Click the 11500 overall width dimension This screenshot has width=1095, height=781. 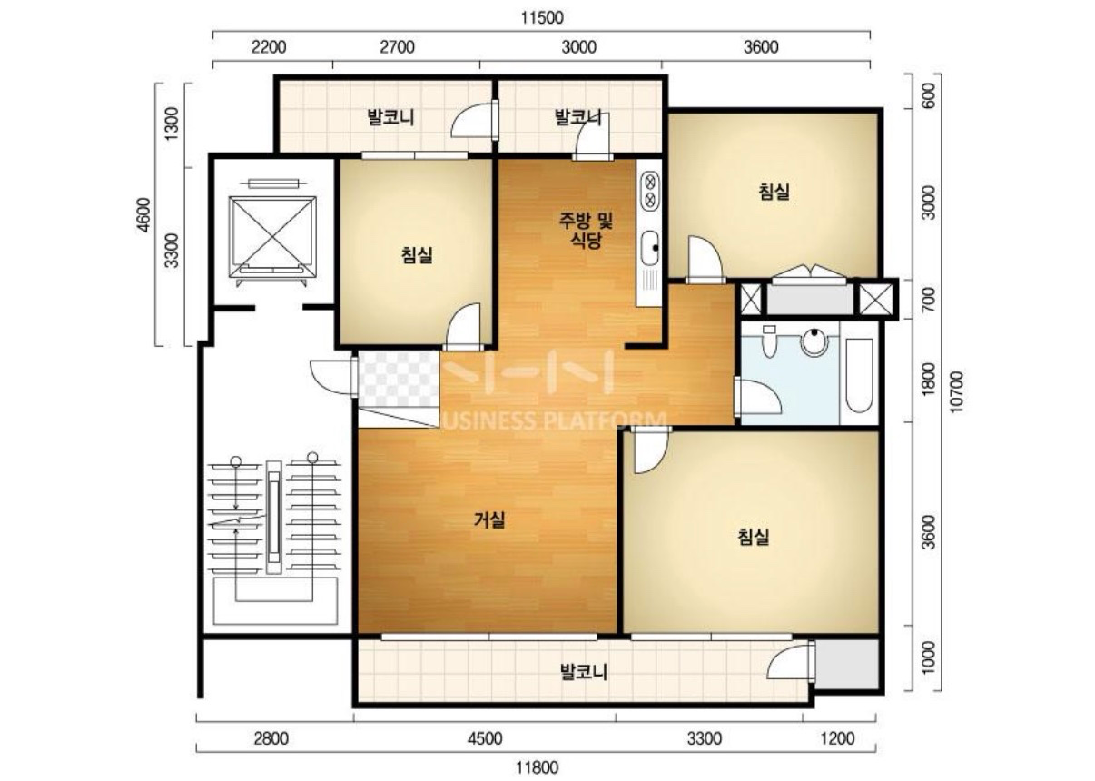(542, 18)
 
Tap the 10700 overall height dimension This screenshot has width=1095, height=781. (956, 392)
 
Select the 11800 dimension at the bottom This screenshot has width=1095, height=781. (538, 767)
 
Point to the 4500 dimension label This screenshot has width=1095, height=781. (485, 738)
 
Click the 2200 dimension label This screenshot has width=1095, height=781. (269, 47)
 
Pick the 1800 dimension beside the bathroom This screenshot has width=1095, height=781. (928, 379)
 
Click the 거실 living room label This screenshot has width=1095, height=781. (489, 519)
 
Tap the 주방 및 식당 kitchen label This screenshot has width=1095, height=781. (587, 231)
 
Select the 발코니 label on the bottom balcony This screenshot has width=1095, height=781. (583, 672)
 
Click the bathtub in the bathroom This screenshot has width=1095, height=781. (859, 376)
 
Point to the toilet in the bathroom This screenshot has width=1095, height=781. (769, 341)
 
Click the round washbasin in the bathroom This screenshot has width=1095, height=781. (814, 341)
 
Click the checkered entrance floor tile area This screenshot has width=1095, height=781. (399, 379)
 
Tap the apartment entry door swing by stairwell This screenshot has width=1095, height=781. (331, 377)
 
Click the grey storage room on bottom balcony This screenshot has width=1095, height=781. (846, 665)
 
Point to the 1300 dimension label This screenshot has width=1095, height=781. (172, 124)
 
